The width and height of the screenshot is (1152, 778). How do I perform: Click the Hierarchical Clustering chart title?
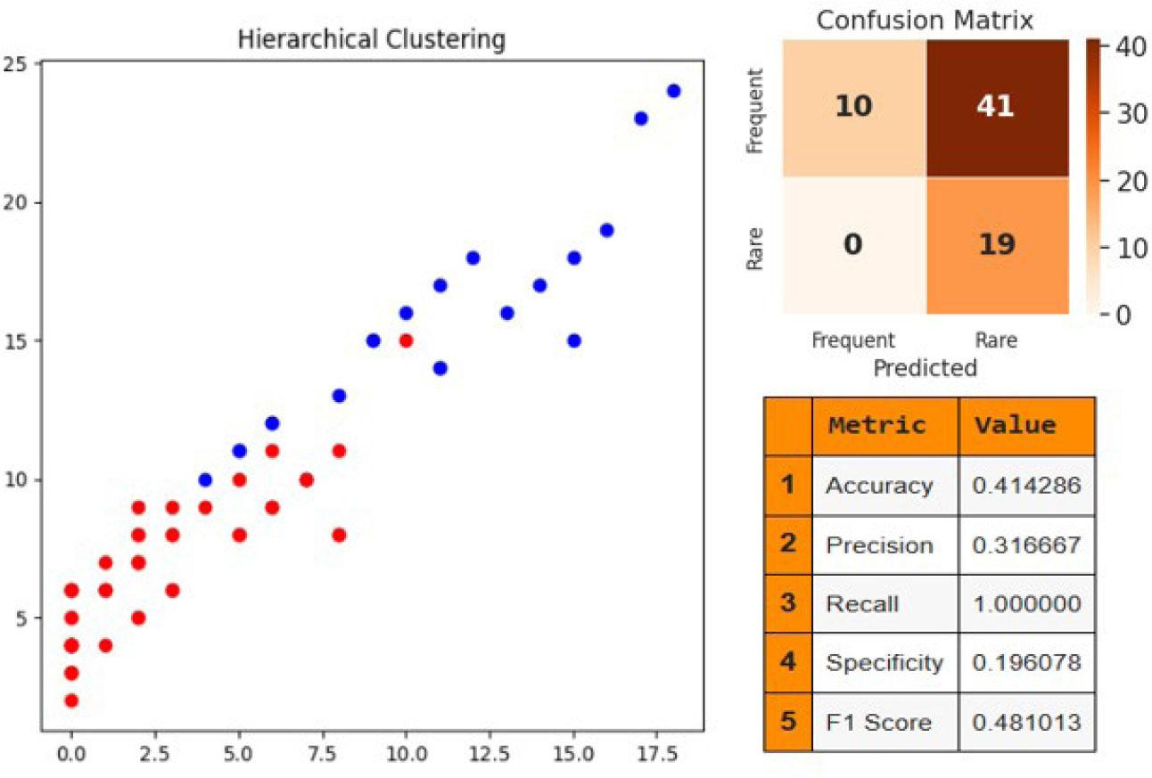click(371, 40)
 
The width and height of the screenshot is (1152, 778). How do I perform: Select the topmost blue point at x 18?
click(673, 91)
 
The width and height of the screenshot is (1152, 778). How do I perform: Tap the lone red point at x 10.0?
click(406, 340)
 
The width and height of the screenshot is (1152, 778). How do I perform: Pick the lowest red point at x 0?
click(71, 700)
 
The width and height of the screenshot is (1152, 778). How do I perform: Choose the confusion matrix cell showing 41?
click(997, 108)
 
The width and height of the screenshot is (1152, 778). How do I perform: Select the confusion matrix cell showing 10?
click(853, 108)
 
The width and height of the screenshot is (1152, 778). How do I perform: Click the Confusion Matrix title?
click(925, 20)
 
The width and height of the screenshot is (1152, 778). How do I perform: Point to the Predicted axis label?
click(925, 366)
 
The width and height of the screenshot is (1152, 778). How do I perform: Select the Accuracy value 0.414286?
click(1027, 486)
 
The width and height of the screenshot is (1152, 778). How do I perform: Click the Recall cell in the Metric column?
click(862, 603)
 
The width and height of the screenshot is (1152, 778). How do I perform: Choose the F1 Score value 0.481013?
click(1027, 721)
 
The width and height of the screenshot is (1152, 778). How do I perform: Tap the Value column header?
click(1016, 425)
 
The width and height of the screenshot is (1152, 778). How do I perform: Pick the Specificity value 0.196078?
click(1027, 662)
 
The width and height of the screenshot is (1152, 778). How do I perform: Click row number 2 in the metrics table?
click(787, 545)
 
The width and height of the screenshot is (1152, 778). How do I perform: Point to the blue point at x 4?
click(205, 479)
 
